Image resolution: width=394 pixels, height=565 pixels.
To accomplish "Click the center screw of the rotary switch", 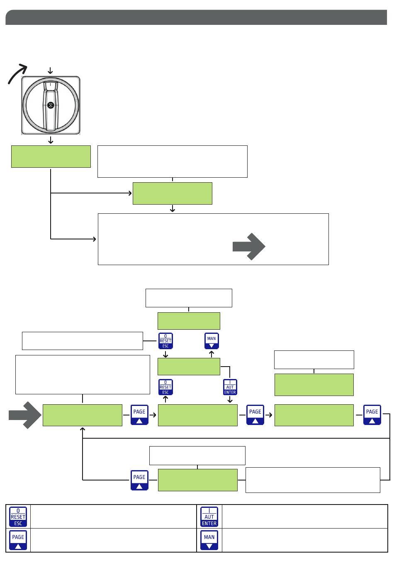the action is [51, 105].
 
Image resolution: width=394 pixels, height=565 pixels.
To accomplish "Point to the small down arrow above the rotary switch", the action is [50, 70].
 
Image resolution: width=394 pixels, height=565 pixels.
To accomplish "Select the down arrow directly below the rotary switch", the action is [51, 140].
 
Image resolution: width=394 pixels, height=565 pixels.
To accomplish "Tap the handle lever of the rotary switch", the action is [51, 106].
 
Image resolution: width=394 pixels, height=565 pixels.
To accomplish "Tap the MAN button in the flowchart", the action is [212, 341].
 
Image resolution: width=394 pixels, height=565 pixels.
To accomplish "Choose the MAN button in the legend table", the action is [209, 540].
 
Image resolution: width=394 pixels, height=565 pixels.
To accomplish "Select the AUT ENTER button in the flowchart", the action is [230, 387].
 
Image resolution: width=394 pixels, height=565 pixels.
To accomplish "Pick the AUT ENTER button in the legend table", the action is [209, 517].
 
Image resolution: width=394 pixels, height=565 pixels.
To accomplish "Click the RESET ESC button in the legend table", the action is [18, 517].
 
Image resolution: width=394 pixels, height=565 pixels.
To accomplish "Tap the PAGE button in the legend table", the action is [18, 540].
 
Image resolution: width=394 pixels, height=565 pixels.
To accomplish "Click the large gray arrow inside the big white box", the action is [249, 246].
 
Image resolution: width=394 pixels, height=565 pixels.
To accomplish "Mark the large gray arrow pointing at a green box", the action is [25, 415].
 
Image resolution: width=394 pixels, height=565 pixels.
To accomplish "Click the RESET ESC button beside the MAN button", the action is [165, 341].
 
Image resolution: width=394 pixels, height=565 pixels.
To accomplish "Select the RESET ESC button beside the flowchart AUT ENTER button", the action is [165, 387].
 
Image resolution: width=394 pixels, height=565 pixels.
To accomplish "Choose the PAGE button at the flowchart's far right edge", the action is [372, 415].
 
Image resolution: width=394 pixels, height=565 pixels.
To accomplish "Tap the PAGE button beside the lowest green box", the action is [139, 480].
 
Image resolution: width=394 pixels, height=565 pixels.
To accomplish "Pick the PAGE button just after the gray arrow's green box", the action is [139, 415].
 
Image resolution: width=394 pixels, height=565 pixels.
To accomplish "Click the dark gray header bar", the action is [196, 17].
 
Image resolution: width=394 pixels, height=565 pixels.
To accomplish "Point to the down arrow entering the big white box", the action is [173, 208].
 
